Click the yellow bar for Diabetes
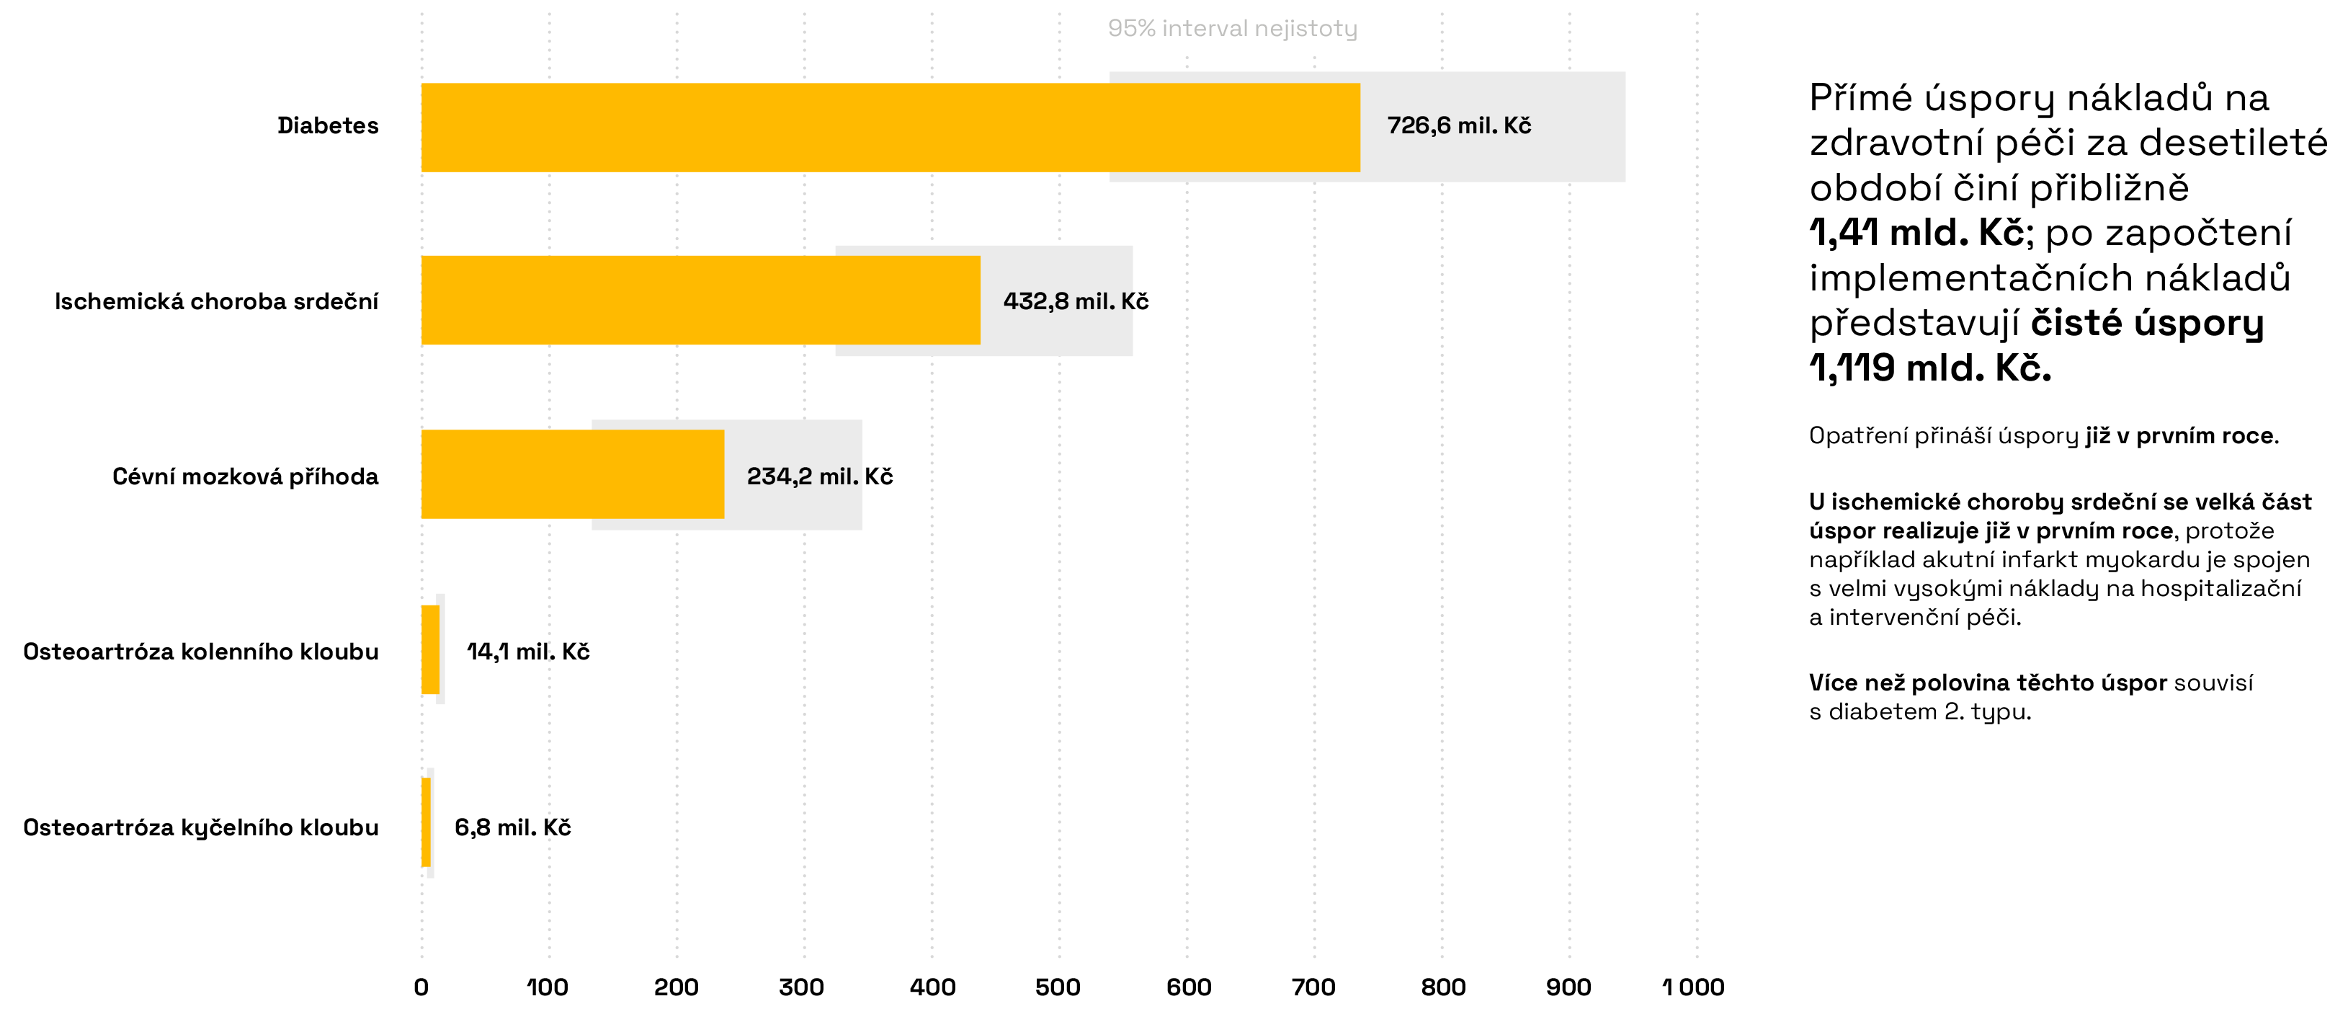point(890,128)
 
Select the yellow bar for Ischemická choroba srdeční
point(700,300)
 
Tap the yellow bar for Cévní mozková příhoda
point(573,474)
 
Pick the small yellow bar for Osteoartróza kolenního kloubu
point(430,650)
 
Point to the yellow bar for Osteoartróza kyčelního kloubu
point(426,822)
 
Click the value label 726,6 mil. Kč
point(1458,126)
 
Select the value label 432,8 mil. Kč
point(1076,301)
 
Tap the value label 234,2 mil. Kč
point(819,476)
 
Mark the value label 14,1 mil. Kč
point(528,651)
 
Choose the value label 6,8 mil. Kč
point(512,827)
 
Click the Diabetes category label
point(328,126)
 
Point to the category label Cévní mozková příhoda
point(245,476)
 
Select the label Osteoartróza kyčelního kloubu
point(200,827)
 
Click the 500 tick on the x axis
point(1058,987)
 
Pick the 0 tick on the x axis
point(421,987)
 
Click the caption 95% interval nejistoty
point(1232,28)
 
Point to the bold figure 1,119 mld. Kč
point(1929,368)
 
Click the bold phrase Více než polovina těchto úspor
point(1987,683)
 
